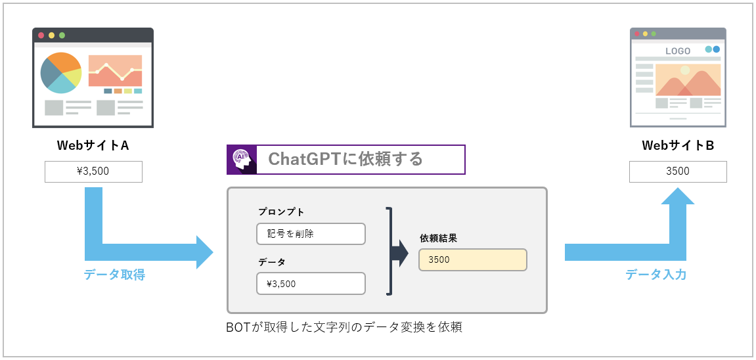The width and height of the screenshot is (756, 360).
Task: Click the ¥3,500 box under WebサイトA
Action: (93, 172)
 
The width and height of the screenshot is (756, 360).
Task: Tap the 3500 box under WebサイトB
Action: (678, 172)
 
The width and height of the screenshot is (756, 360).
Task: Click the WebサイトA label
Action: (93, 145)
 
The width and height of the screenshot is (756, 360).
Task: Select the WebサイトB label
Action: (678, 145)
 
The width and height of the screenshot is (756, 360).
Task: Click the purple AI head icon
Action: (241, 160)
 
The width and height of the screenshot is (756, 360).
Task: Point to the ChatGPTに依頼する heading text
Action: (345, 159)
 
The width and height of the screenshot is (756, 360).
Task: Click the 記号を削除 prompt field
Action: (311, 234)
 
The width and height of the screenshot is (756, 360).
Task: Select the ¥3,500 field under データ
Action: (311, 284)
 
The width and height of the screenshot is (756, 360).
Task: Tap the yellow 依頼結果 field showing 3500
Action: (472, 259)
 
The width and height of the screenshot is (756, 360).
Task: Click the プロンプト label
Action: (281, 212)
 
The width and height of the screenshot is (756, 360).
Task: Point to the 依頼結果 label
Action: (438, 238)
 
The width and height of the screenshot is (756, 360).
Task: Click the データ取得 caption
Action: (114, 275)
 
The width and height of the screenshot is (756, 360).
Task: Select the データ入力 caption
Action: (656, 275)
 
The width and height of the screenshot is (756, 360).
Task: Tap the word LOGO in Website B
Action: (678, 51)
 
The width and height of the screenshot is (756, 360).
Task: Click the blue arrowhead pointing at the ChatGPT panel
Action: (204, 252)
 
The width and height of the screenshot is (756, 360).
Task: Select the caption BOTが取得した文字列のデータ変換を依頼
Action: (344, 326)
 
